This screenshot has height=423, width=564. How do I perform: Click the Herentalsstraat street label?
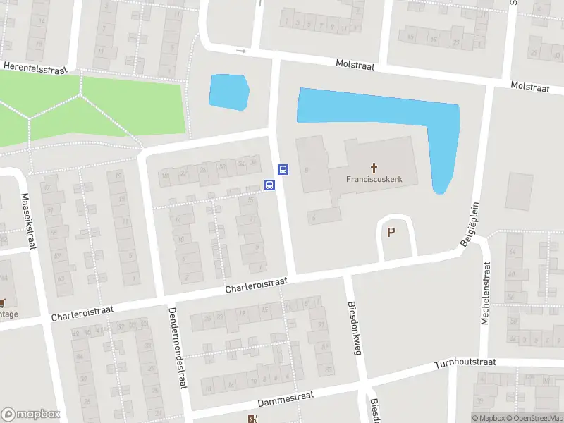coord(35,66)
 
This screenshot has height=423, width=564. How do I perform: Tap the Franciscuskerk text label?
coord(374,179)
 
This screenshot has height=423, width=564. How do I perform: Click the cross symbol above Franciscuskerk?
coord(374,168)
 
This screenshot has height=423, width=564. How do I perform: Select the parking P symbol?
coord(391,232)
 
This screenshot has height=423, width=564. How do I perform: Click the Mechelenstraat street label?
coord(485,293)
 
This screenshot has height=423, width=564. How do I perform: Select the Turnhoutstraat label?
coord(465,362)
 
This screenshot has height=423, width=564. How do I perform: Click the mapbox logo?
coord(30,415)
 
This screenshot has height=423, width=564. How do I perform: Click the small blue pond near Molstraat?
coord(229,92)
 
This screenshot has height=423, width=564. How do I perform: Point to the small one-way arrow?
coord(241,51)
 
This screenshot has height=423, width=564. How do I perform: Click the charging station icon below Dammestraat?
coord(252,419)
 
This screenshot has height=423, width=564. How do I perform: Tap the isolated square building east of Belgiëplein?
coord(520,191)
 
